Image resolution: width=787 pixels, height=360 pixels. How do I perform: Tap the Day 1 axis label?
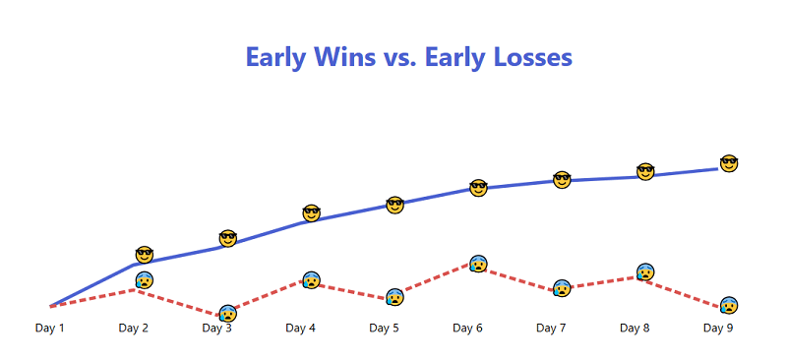pos(50,329)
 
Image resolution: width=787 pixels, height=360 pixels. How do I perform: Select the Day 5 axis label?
pos(384,329)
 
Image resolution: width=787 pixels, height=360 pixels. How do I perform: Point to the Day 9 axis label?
pos(718,329)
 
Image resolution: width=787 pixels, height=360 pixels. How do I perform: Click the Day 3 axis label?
pos(216,329)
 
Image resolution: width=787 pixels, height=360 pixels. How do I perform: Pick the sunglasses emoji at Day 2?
pos(145,255)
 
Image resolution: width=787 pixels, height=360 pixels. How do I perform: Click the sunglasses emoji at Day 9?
pos(729,163)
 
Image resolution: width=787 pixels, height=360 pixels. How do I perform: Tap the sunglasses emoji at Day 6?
pos(479,187)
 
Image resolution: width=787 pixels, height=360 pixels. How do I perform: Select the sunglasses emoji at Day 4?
pos(312,213)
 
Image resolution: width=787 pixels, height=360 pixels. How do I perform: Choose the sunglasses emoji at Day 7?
pos(562,180)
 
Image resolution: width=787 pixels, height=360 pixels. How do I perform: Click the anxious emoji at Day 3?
pos(228,314)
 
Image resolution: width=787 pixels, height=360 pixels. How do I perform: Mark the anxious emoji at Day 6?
pos(479,264)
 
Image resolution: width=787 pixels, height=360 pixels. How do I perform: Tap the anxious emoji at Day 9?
pos(729,306)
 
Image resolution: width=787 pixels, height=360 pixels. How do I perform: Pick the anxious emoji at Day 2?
pos(145,280)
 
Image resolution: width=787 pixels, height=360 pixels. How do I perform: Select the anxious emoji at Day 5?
pos(395,297)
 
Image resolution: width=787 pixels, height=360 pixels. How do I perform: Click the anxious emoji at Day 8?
pos(645,272)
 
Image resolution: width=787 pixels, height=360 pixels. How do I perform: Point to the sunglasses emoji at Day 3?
pos(228,238)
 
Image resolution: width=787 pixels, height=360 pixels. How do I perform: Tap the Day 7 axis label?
pos(551,329)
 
